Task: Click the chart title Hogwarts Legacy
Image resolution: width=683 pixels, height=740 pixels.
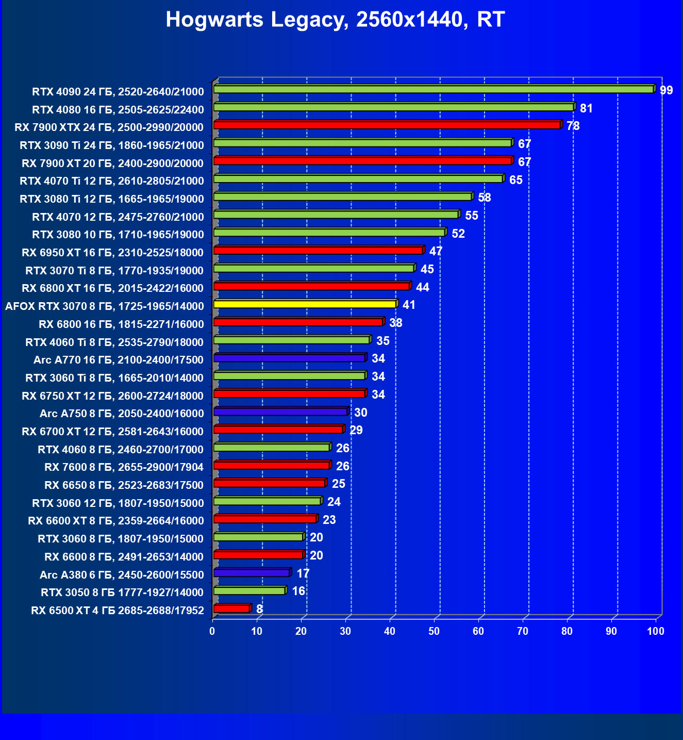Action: (335, 20)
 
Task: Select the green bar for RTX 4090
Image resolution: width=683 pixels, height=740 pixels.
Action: (433, 90)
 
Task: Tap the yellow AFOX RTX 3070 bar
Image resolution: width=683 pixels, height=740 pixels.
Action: (305, 304)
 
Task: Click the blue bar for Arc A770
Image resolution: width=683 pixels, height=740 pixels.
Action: (289, 358)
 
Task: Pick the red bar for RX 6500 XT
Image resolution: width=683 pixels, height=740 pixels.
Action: (231, 609)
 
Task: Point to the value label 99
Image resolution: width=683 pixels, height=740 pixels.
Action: (666, 91)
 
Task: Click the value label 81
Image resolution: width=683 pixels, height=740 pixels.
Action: (586, 108)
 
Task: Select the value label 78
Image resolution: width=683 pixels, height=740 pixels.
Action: (573, 126)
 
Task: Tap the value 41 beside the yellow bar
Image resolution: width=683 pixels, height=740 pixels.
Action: (409, 305)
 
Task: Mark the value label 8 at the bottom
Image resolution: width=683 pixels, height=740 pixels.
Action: (259, 609)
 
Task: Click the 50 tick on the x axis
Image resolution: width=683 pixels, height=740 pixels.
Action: (434, 631)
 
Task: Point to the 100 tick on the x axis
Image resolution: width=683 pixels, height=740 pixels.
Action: (656, 631)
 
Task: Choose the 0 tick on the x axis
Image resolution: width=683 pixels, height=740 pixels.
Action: (212, 631)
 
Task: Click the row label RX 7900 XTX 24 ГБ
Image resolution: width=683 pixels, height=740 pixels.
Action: (109, 127)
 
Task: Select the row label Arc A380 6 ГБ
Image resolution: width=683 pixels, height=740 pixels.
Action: (122, 574)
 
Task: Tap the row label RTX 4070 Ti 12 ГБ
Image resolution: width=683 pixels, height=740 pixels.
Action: (112, 181)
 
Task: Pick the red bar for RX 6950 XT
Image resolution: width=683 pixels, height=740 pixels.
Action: (318, 251)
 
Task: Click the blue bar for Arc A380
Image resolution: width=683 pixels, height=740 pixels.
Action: (252, 573)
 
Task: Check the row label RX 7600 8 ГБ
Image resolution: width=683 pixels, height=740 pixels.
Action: (124, 467)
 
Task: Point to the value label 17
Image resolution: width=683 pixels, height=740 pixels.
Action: (303, 573)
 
